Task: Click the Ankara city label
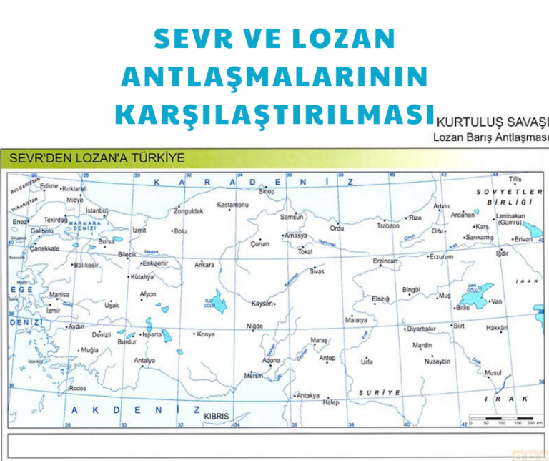point(204,264)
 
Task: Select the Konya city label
point(206,334)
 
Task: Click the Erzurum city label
point(441,256)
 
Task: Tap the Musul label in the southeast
point(493,372)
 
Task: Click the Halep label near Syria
point(330,402)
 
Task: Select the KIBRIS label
point(217,415)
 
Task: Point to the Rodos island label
point(77,388)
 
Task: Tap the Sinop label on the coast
point(266,191)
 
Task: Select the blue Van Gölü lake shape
point(477,293)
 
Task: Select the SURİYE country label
point(379,392)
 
